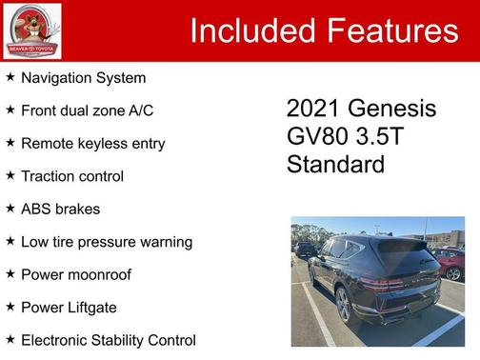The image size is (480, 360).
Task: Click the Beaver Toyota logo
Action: tap(31, 30)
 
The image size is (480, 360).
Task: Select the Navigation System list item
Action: tap(83, 78)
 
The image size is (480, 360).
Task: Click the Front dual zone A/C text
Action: tap(87, 110)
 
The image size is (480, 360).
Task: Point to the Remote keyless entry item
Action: tap(92, 144)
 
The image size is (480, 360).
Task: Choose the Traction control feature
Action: tap(72, 176)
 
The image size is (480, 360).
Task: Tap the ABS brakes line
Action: tap(60, 209)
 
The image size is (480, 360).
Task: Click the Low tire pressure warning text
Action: tap(107, 242)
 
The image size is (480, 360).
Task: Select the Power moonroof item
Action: tap(76, 274)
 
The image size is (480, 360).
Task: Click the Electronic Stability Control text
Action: tap(108, 340)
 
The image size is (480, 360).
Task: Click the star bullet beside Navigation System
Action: tap(10, 77)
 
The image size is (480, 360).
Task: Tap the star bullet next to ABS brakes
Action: tap(10, 208)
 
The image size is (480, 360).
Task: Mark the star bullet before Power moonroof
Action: tap(10, 273)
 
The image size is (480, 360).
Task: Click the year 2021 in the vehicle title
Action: tap(315, 109)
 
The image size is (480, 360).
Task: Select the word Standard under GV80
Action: tap(335, 164)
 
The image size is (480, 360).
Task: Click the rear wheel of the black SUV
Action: tap(343, 305)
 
